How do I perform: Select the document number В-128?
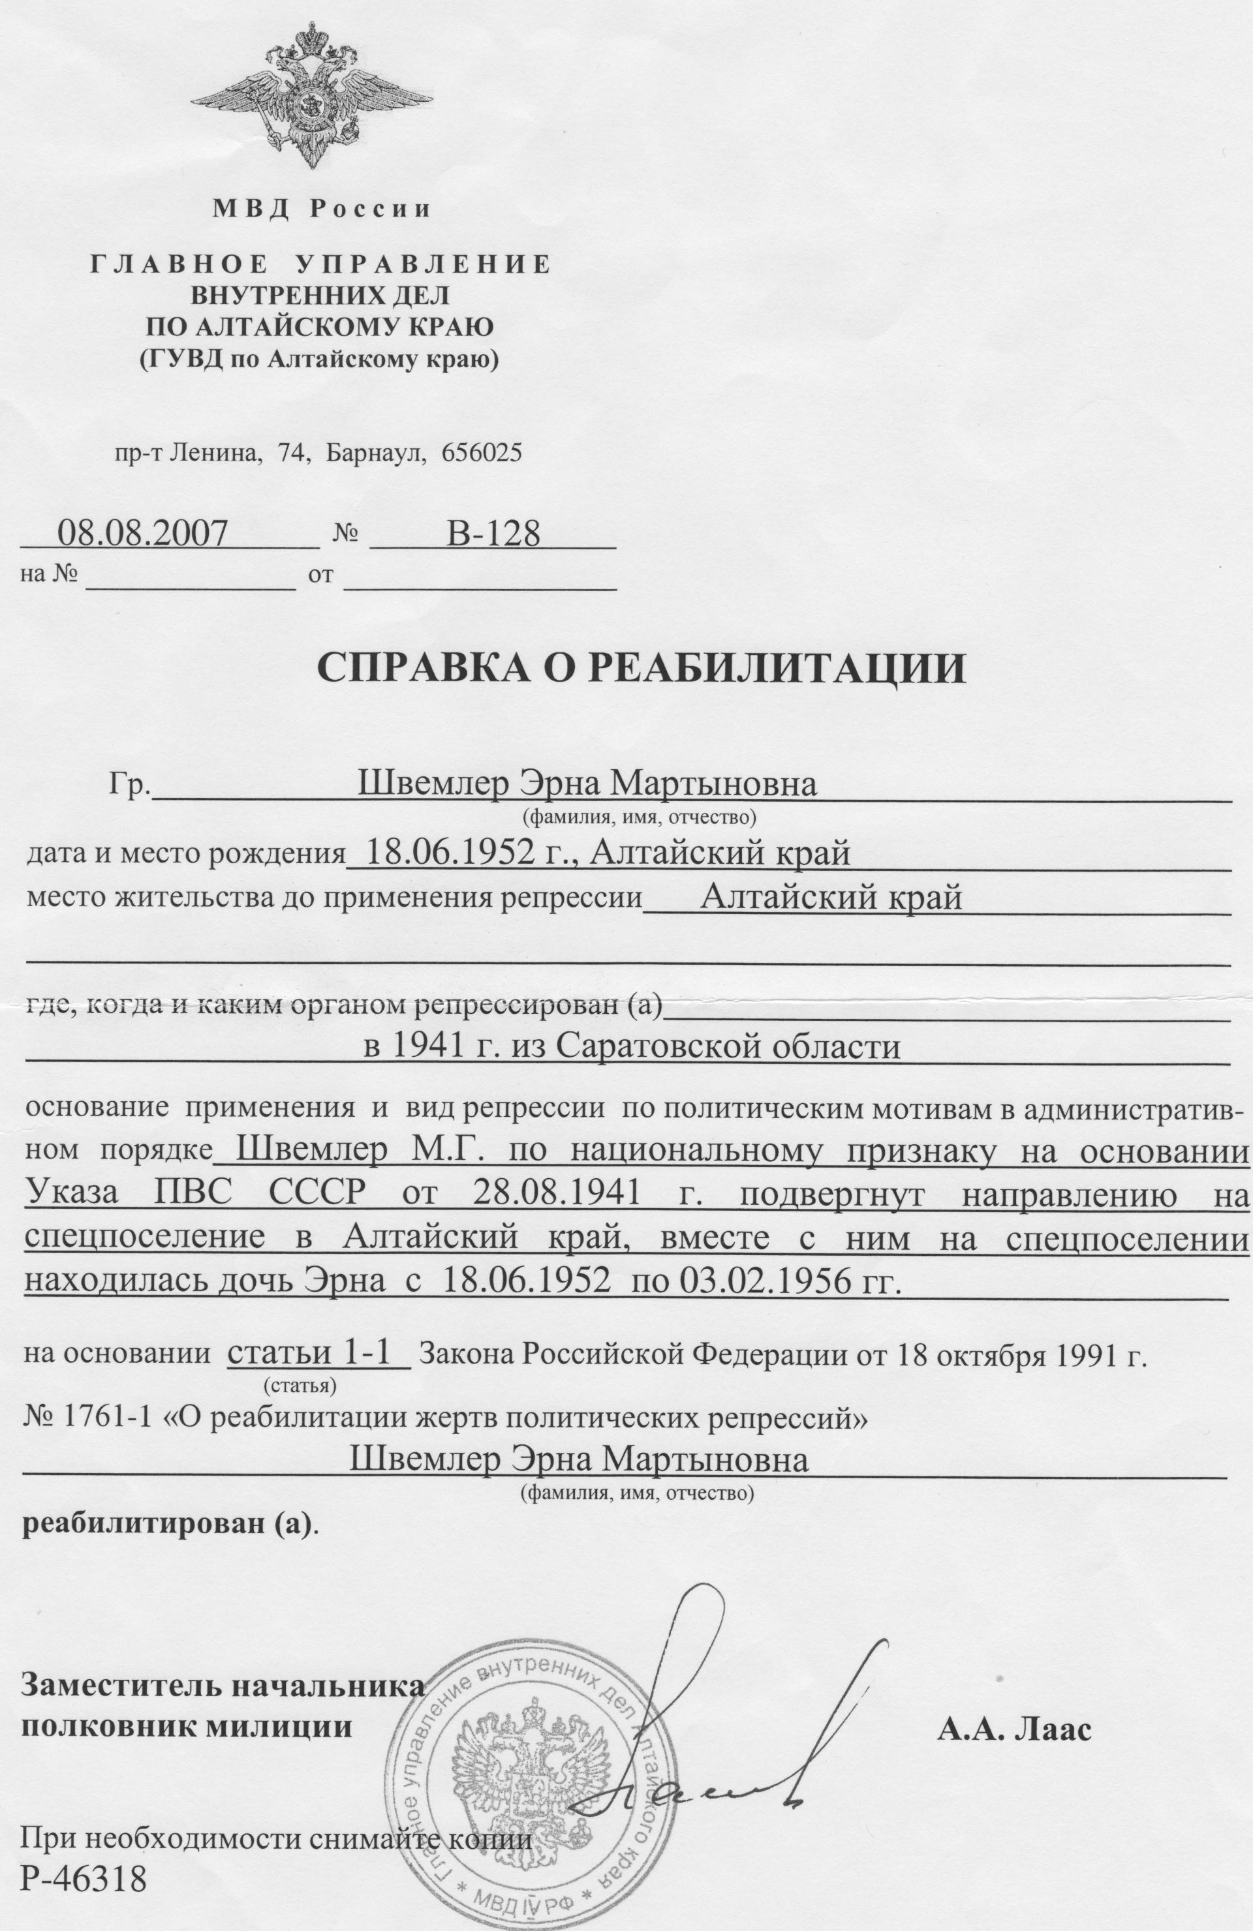click(x=493, y=533)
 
